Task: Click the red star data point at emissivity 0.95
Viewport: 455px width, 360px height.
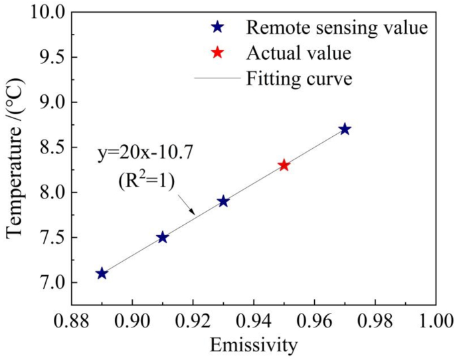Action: (284, 165)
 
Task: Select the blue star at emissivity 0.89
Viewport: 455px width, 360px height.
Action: (102, 274)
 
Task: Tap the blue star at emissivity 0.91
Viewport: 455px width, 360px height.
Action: (162, 237)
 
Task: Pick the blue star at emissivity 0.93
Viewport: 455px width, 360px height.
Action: (223, 201)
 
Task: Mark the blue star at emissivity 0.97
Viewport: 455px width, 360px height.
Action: (344, 129)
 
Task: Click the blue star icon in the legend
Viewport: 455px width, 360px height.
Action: (216, 28)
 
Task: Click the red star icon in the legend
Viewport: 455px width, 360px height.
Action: (216, 52)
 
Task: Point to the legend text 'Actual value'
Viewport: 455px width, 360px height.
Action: (298, 52)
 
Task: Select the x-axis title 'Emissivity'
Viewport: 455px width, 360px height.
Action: (253, 345)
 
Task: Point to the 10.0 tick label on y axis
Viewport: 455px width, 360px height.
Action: (47, 13)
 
